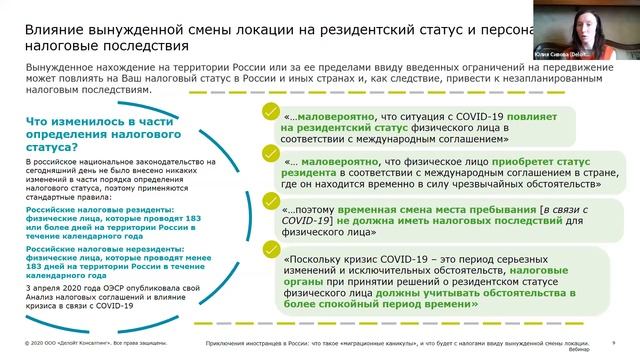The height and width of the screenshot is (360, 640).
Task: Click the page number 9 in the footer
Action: [613, 342]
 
